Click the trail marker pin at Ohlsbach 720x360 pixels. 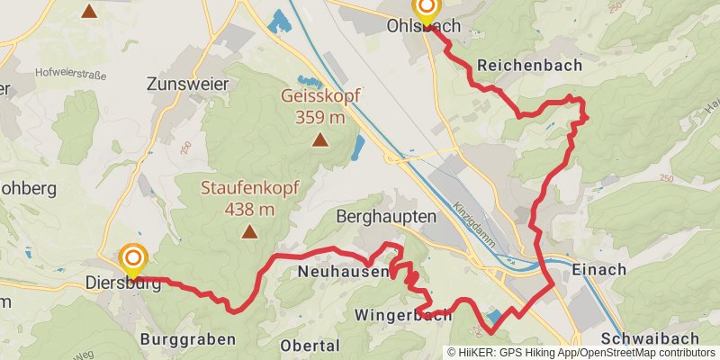[426, 10]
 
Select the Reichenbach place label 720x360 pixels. [530, 66]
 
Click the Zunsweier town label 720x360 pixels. [187, 84]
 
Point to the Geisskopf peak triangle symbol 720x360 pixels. [319, 139]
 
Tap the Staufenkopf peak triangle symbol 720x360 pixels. [249, 232]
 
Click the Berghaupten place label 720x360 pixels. [385, 217]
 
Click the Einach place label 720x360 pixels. [598, 269]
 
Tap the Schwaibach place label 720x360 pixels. [649, 337]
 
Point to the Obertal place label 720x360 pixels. [310, 345]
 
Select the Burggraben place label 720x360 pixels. [188, 339]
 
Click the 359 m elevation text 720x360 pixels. [319, 117]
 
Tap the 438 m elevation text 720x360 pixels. [249, 210]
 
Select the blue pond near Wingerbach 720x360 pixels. [493, 317]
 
